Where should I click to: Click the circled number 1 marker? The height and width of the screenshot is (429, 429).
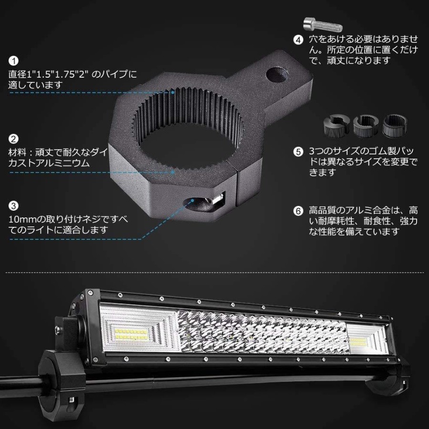coord(13,61)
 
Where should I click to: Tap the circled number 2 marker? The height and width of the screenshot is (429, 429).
coord(13,139)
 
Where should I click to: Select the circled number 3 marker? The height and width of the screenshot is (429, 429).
coord(13,205)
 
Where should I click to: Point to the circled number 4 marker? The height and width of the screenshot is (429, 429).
coord(298,40)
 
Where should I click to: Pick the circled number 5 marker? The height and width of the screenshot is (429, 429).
coord(298,152)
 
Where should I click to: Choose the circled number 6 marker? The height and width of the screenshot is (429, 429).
coord(298,211)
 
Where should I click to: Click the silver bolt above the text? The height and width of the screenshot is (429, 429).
coord(323,24)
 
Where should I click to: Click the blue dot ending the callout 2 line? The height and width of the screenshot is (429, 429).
coord(173,172)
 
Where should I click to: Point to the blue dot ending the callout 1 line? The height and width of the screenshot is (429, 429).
coord(173,92)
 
